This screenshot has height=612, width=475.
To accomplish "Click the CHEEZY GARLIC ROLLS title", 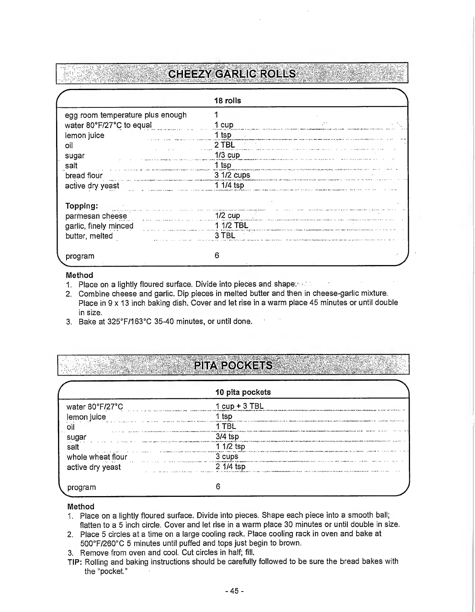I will coord(232,74).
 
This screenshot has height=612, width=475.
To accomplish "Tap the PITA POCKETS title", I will coord(233,365).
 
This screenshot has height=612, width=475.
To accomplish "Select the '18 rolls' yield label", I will coord(228,101).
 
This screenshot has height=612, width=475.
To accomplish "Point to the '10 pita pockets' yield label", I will coord(243,392).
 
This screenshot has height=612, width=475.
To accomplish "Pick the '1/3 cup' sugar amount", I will coord(227,155).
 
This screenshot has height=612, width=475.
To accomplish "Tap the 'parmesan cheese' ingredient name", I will coord(96,216).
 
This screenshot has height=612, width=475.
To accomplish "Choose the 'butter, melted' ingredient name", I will coord(89,236).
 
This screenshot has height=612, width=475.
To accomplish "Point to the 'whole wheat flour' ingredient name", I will coord(97,457).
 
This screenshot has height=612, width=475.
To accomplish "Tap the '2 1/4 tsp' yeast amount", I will coord(231,467).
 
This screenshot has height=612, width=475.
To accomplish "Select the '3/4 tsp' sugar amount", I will coord(227,437).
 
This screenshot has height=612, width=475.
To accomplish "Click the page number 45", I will coord(234,592).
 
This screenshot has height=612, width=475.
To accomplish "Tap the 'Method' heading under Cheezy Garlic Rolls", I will coord(79,275).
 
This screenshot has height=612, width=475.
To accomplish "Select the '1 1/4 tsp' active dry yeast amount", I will coord(230,185).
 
